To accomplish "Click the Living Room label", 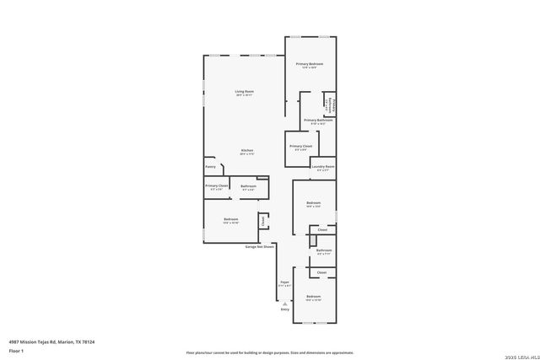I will click(245, 91).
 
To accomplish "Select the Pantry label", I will click(210, 167).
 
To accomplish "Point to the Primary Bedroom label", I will click(310, 64).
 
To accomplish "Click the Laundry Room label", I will click(323, 166).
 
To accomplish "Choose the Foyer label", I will click(285, 282).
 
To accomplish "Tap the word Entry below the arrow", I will click(285, 310).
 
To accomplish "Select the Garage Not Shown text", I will click(260, 247).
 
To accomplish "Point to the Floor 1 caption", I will click(16, 350).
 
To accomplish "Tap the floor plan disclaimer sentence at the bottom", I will click(269, 352).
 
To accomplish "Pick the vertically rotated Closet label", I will click(263, 221).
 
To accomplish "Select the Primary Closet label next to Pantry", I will click(217, 185).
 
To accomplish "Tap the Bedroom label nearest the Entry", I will click(314, 297).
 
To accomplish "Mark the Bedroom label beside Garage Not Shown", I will click(231, 220).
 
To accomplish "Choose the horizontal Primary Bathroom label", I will click(319, 121).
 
